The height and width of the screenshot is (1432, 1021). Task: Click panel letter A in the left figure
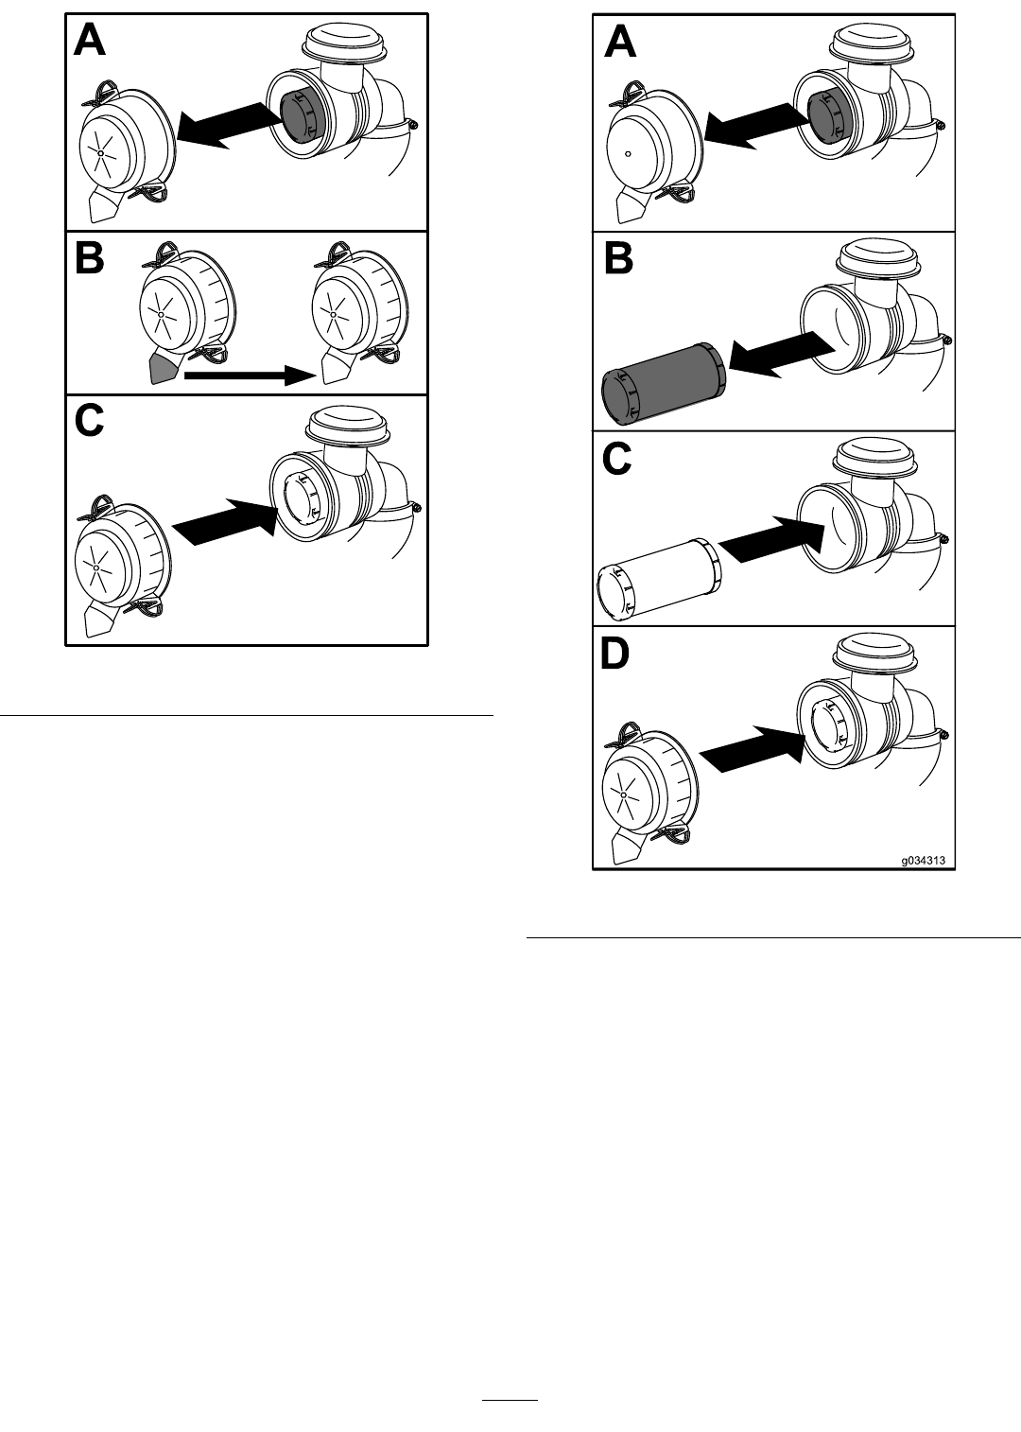tap(90, 43)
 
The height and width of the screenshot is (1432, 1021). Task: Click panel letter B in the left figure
tap(90, 258)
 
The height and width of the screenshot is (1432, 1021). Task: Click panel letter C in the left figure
tap(90, 421)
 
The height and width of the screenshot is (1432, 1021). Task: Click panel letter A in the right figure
tap(620, 44)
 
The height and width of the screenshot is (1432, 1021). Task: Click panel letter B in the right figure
tap(618, 259)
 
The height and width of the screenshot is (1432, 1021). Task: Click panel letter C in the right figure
tap(617, 459)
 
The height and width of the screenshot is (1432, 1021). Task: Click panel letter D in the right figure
tap(614, 655)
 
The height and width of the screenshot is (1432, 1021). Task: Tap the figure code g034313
tap(924, 861)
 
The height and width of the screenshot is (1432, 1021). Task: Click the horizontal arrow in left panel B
tap(251, 375)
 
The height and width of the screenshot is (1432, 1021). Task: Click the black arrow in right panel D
tap(752, 748)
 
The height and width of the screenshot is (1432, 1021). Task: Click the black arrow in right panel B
tap(782, 358)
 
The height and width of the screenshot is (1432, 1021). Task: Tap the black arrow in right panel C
tap(771, 538)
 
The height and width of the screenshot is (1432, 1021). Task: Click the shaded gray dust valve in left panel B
tap(162, 369)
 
